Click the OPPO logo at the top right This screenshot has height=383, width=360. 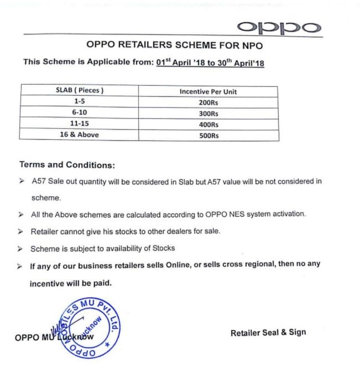click(278, 27)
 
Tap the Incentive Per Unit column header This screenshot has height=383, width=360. click(208, 92)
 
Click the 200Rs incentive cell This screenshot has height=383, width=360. click(208, 103)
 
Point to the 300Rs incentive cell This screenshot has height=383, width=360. click(208, 114)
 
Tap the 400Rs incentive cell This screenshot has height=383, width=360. click(208, 125)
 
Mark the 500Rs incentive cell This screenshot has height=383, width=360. click(208, 135)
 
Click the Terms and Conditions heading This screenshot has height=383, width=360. click(67, 165)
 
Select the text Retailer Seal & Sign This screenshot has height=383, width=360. click(268, 332)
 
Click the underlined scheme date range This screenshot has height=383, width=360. click(210, 63)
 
